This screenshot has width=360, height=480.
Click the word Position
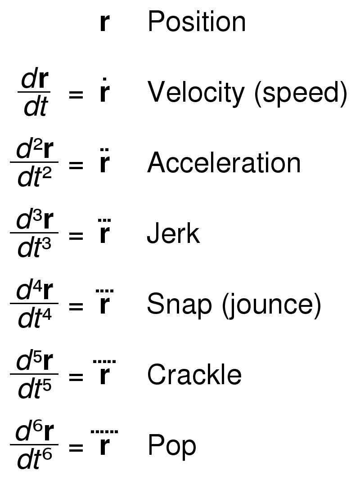tap(197, 22)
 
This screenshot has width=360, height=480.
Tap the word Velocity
tap(196, 93)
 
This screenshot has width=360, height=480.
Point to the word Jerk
tap(173, 233)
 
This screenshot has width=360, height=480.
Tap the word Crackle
tap(194, 374)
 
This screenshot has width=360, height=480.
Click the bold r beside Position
tap(105, 22)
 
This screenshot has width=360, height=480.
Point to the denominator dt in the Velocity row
tap(36, 107)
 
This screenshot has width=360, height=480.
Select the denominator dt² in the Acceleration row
tap(34, 177)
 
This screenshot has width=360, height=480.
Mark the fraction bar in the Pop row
tap(34, 444)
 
